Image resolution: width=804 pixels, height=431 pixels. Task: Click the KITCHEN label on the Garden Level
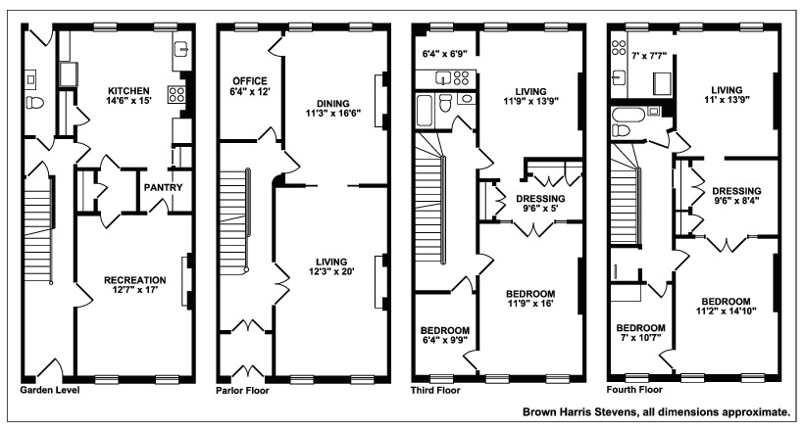click(128, 91)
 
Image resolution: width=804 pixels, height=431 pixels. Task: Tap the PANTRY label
click(163, 187)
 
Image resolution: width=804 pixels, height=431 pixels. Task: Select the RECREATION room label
click(135, 280)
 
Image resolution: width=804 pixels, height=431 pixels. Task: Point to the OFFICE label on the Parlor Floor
click(250, 81)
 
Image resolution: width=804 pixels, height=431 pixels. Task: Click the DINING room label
click(332, 104)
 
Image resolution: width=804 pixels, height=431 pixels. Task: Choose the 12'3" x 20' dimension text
click(331, 271)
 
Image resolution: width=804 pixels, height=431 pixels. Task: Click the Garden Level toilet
click(35, 103)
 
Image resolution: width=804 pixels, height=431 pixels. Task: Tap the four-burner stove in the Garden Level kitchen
click(176, 95)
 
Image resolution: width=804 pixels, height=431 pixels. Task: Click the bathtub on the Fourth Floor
click(628, 115)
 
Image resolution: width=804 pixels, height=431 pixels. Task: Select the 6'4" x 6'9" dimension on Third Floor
click(443, 53)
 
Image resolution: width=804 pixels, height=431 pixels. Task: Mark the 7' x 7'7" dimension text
click(649, 56)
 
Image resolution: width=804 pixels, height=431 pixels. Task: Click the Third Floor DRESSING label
click(540, 199)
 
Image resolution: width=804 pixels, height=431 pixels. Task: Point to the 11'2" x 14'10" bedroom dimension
click(727, 311)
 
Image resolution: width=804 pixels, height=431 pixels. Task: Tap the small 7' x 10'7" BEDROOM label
click(641, 328)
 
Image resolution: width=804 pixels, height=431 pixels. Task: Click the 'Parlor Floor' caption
click(242, 391)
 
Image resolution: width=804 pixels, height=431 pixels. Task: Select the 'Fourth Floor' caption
click(634, 390)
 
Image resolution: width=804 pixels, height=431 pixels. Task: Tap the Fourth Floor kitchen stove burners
click(619, 47)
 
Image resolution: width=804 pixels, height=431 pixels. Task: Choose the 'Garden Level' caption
click(50, 390)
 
